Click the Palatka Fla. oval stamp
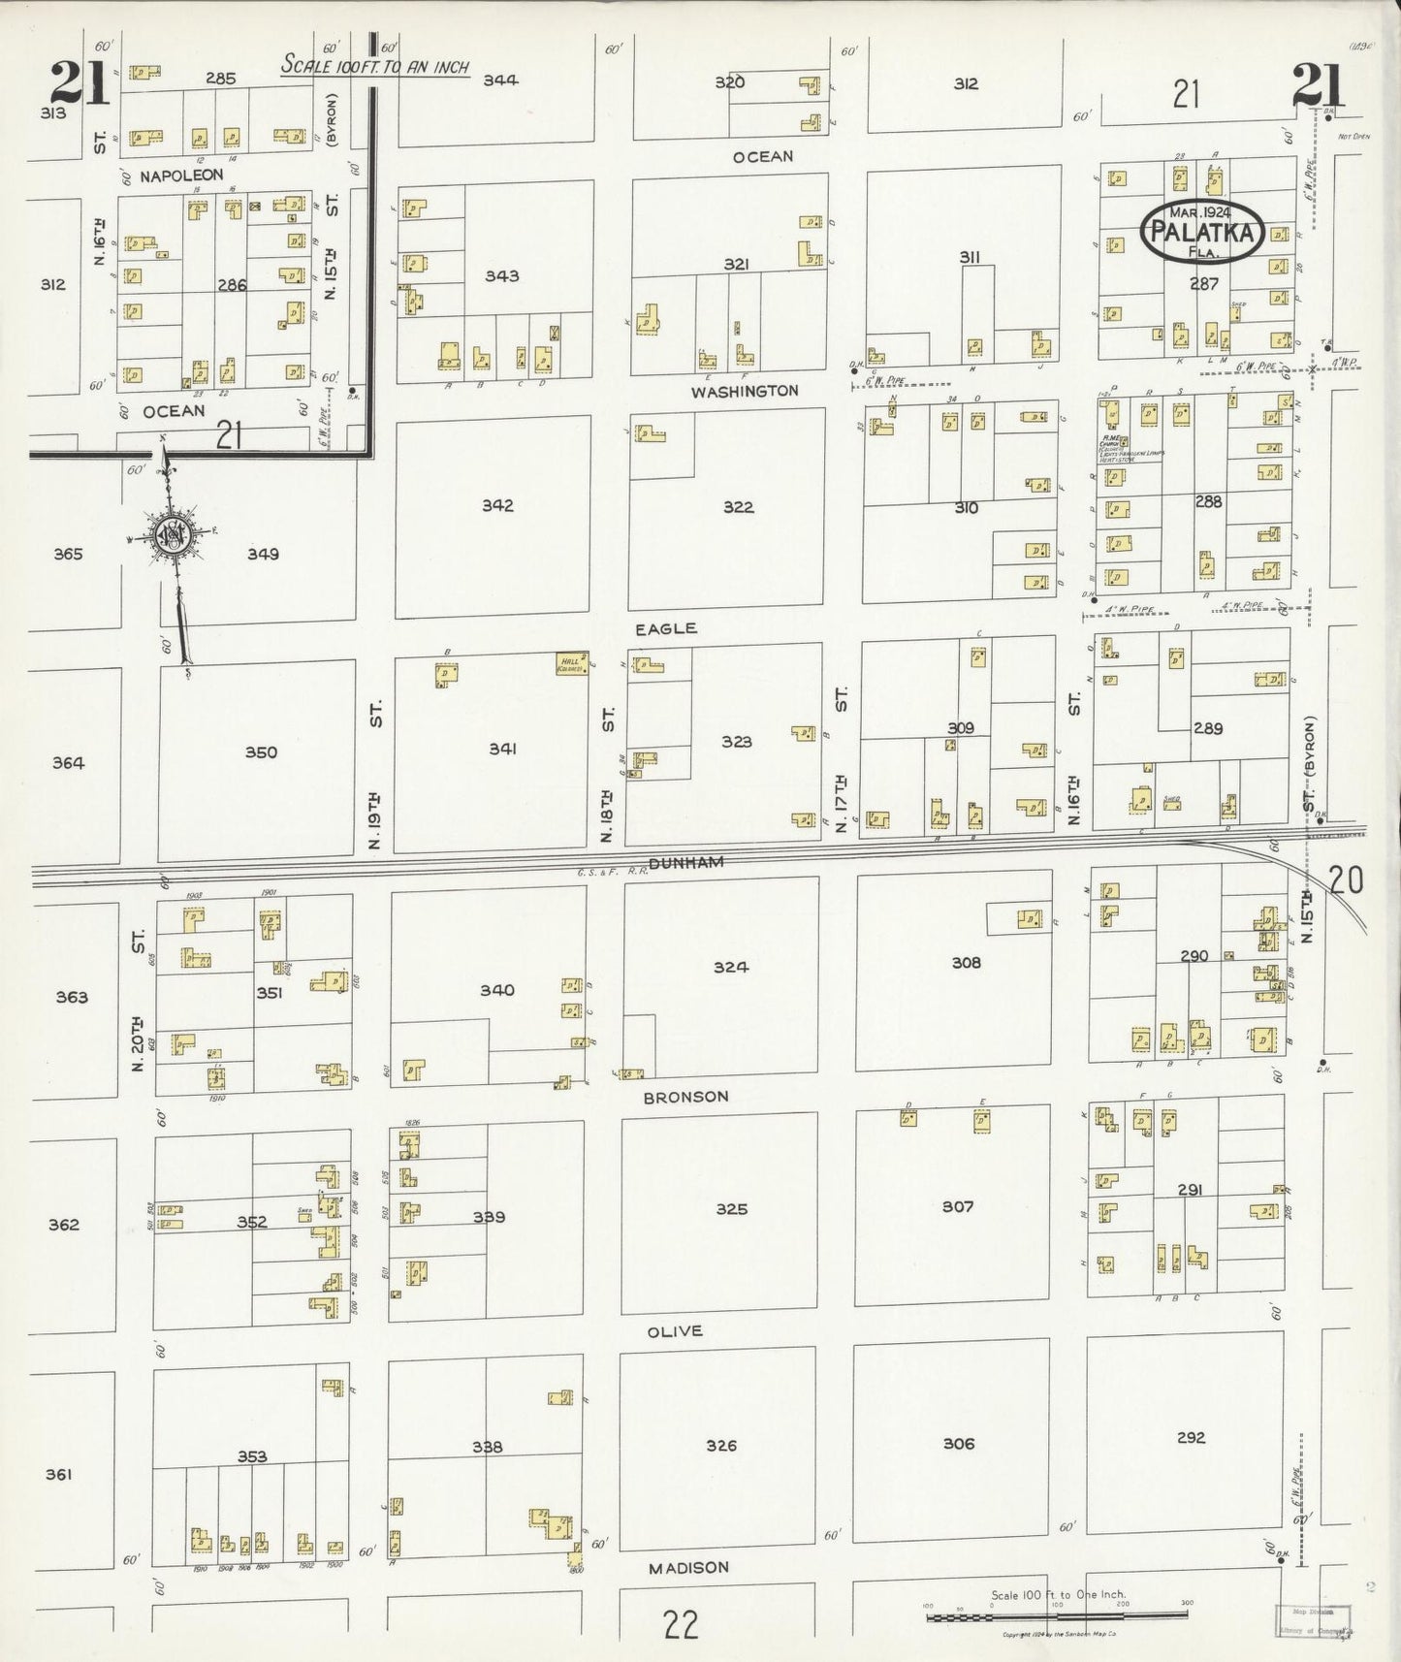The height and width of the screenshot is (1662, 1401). tap(1203, 231)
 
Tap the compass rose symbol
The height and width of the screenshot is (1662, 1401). tap(175, 533)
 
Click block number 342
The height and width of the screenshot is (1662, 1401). tap(496, 505)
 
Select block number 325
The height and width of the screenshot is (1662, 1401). tap(731, 1208)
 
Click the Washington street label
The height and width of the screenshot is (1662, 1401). tap(745, 391)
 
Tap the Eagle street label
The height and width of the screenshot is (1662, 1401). tap(665, 628)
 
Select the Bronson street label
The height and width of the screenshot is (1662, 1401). tap(685, 1097)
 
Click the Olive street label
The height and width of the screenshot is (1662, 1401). tap(674, 1331)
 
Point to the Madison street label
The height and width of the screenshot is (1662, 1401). tap(687, 1567)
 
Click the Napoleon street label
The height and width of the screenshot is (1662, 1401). tap(181, 175)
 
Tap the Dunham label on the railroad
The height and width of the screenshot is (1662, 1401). tap(685, 862)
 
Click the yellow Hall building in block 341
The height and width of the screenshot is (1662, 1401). tap(570, 664)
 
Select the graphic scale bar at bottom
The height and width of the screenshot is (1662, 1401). tap(1057, 1614)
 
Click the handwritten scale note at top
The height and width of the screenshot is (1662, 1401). tap(374, 67)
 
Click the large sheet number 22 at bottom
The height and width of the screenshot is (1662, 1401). tap(682, 1623)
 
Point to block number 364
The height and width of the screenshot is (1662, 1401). tap(68, 762)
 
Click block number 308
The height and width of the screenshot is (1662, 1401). tap(966, 962)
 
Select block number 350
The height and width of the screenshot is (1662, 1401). tap(260, 751)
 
